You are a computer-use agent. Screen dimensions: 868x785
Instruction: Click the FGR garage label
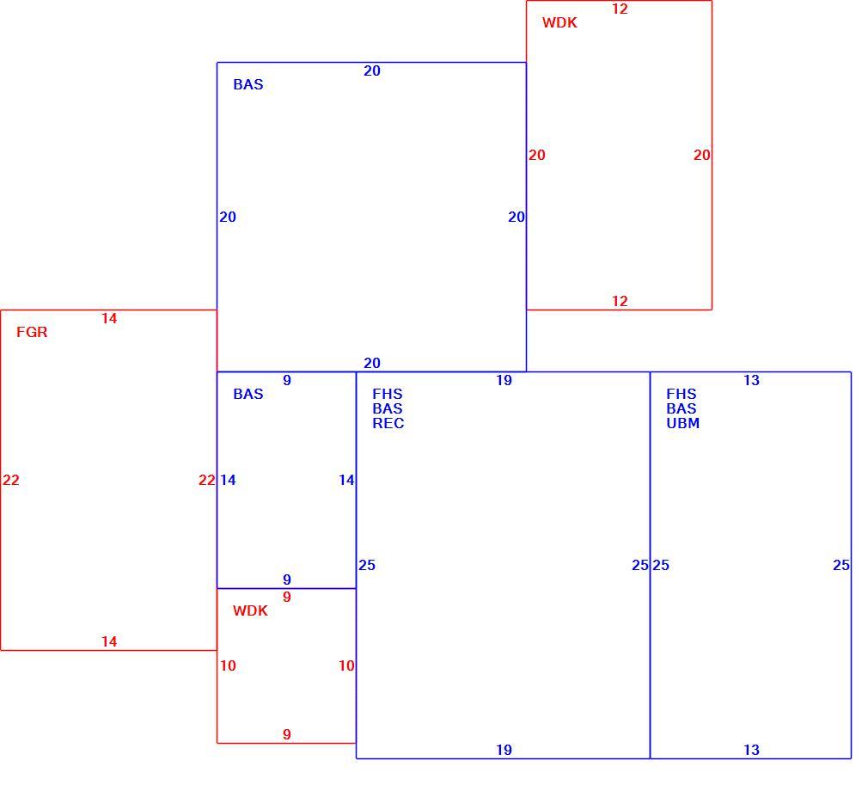(x=32, y=333)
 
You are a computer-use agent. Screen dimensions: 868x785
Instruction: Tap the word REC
(x=388, y=424)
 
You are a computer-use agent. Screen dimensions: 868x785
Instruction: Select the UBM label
(x=682, y=424)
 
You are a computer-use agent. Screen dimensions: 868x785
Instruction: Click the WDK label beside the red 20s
(x=559, y=22)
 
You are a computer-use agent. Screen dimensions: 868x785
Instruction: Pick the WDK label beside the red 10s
(x=250, y=611)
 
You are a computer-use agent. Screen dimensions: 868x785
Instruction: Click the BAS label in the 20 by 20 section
(x=248, y=85)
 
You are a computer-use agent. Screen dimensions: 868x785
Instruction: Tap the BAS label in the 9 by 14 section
(x=248, y=395)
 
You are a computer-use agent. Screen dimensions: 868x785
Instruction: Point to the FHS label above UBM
(x=681, y=395)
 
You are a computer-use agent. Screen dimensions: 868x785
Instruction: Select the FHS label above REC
(x=387, y=395)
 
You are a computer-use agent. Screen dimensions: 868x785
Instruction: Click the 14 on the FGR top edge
(x=109, y=318)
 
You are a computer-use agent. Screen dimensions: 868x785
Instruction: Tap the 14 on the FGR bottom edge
(x=109, y=642)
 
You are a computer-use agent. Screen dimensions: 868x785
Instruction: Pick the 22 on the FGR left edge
(x=11, y=481)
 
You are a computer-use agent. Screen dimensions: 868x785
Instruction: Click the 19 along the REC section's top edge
(x=504, y=381)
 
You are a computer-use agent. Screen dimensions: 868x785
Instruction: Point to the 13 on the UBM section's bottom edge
(x=751, y=750)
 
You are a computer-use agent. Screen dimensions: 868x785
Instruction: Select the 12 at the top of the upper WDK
(x=620, y=9)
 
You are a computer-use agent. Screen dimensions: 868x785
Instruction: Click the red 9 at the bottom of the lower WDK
(x=287, y=734)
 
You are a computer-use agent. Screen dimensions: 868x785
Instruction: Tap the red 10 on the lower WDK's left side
(x=228, y=665)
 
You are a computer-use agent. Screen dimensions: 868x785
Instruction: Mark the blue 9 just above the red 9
(x=287, y=580)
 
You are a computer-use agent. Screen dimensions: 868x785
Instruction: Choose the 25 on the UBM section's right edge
(x=840, y=566)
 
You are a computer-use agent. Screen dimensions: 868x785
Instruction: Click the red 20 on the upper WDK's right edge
(x=702, y=156)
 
